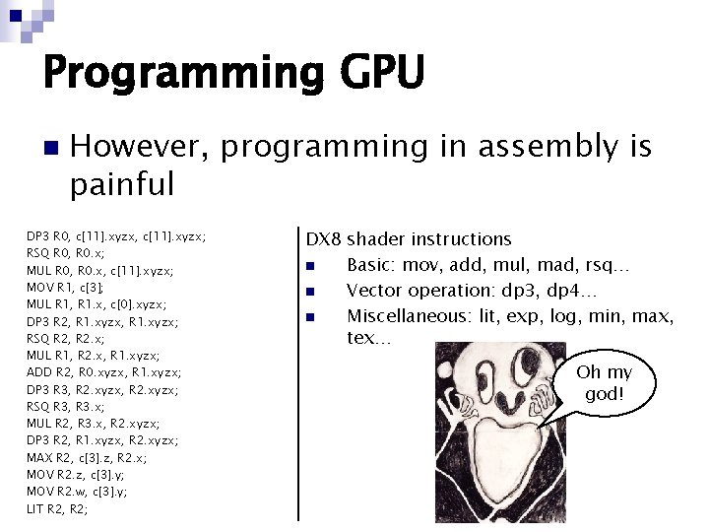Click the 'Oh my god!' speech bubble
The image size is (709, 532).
(x=604, y=383)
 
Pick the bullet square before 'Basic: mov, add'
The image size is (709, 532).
(x=310, y=267)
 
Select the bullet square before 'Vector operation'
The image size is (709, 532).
(x=310, y=293)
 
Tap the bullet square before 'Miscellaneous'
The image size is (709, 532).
(x=310, y=317)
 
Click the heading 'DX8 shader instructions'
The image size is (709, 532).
(x=409, y=239)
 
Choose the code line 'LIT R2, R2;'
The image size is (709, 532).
(x=58, y=508)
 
